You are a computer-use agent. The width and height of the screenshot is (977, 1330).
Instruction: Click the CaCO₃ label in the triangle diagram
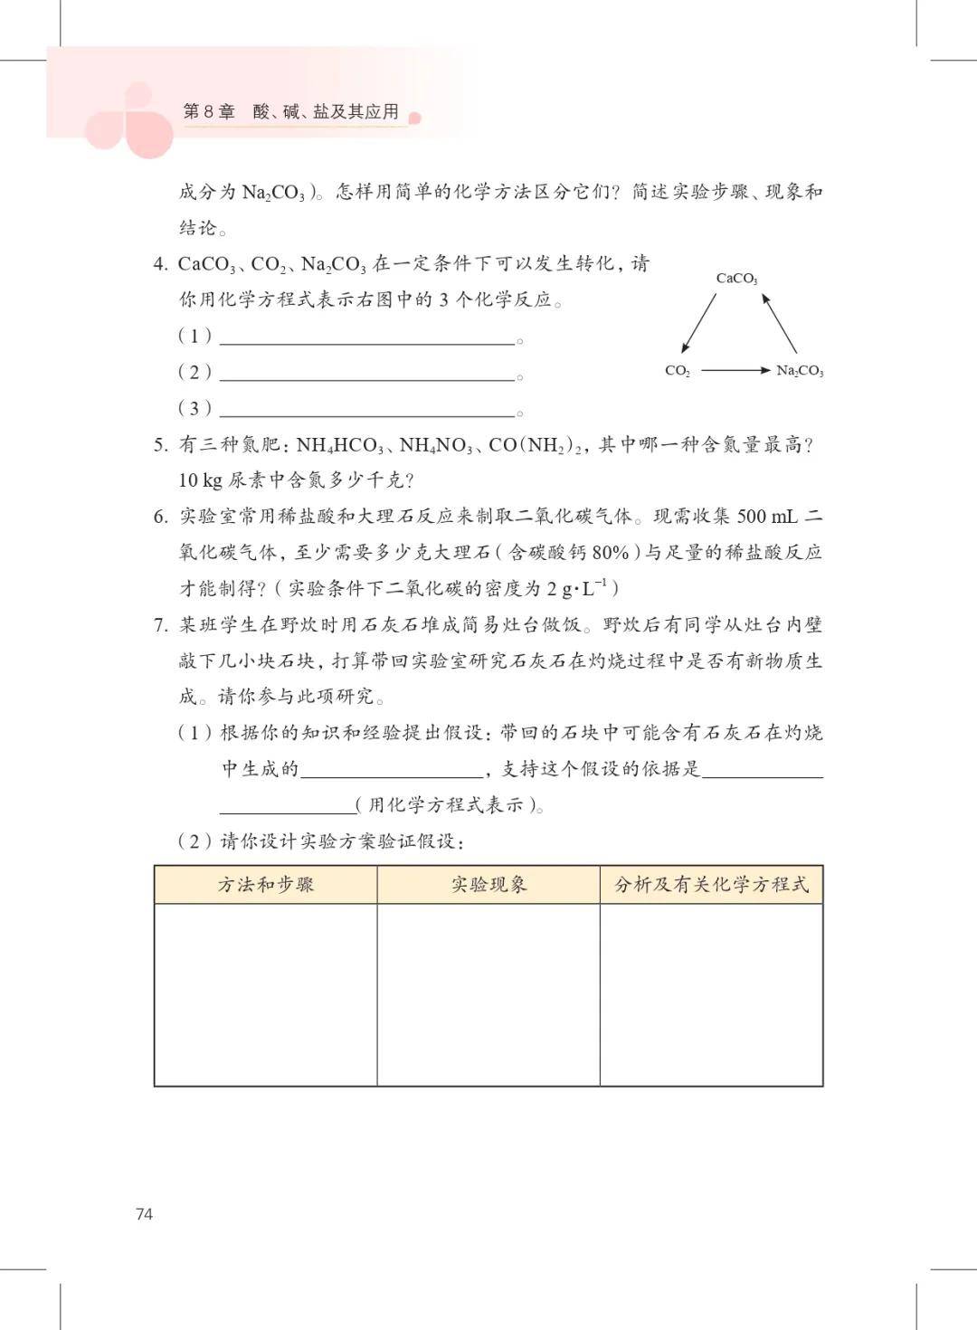736,279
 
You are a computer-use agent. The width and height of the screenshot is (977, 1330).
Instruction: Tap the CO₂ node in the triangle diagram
677,371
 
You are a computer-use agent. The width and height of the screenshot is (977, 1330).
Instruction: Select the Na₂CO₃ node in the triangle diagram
800,371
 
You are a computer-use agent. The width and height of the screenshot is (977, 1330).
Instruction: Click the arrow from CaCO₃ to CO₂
698,323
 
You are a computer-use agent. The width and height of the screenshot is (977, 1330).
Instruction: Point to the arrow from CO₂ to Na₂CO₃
735,370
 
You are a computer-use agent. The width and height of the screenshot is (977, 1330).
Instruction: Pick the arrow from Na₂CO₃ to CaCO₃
779,323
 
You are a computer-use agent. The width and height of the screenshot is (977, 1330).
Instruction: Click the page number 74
145,1214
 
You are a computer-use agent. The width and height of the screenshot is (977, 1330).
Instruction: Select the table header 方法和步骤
265,885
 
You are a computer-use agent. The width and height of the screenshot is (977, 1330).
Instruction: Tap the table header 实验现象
488,885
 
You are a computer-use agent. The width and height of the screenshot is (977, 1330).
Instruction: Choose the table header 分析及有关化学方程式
711,885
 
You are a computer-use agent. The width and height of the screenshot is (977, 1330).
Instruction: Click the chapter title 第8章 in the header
209,111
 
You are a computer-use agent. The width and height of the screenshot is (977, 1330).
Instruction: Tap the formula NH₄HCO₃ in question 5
340,445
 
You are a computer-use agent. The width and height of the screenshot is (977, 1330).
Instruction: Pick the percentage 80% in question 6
611,553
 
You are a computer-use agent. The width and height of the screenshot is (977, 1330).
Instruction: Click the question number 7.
160,625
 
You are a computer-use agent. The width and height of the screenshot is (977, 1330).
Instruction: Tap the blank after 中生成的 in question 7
392,770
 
